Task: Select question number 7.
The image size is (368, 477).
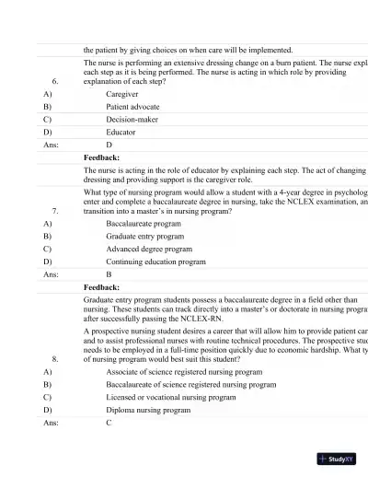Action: [55, 211]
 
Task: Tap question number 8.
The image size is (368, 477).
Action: [55, 358]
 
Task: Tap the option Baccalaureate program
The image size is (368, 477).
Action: [144, 224]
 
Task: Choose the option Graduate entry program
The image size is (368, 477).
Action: [145, 237]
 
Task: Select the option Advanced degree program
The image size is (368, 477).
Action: [149, 249]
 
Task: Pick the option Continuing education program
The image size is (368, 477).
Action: [155, 262]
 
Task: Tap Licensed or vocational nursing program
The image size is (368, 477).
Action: [177, 397]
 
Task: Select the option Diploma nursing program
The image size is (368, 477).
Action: [148, 410]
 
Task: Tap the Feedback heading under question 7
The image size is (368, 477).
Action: [101, 287]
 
